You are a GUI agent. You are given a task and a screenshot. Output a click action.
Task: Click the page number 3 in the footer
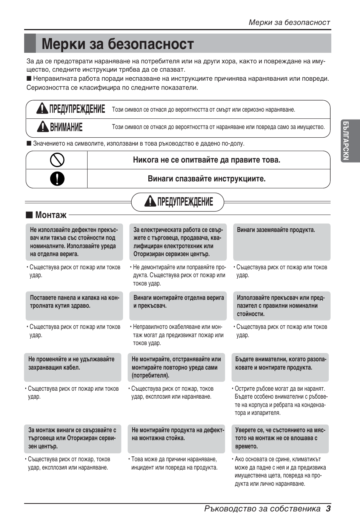(328, 508)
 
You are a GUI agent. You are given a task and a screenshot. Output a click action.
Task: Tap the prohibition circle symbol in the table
(57, 160)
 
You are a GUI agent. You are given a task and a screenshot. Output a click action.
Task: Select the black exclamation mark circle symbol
(57, 178)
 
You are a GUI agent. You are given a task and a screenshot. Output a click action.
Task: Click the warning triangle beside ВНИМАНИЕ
(43, 127)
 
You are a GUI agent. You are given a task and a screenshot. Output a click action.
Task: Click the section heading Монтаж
(51, 215)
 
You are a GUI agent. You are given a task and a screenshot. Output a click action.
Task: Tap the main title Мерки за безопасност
(118, 44)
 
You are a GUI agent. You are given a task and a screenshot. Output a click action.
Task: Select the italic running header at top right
(289, 22)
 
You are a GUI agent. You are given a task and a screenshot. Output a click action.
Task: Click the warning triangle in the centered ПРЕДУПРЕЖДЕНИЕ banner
(150, 201)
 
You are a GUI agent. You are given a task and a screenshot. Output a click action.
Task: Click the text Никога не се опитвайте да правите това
(206, 160)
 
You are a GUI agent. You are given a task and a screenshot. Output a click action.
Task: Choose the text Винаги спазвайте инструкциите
(206, 179)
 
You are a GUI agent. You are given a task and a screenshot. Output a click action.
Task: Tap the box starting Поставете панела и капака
(74, 305)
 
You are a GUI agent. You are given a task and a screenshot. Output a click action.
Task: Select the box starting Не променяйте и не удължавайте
(72, 367)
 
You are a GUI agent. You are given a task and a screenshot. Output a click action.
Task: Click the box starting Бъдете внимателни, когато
(280, 367)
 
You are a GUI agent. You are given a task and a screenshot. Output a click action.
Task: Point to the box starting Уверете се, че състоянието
(280, 438)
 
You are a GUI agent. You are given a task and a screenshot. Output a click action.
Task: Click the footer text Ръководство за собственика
(262, 508)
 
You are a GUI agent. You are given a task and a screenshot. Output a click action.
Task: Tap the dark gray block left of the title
(30, 43)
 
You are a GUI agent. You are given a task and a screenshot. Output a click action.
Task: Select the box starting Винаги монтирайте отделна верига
(178, 305)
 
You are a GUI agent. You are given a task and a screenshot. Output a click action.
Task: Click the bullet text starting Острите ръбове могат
(280, 401)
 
